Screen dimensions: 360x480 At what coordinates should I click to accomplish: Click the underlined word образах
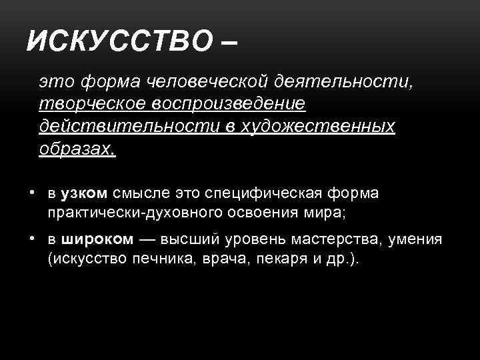pyautogui.click(x=76, y=149)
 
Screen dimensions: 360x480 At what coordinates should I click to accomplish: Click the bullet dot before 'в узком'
pyautogui.click(x=32, y=193)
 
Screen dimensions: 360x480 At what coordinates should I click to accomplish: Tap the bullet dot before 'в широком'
pyautogui.click(x=32, y=238)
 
